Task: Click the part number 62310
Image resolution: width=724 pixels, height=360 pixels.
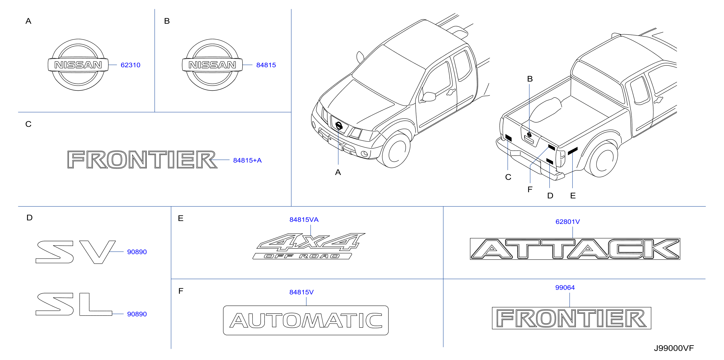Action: tap(130, 65)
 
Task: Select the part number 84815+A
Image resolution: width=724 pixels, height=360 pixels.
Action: tap(247, 160)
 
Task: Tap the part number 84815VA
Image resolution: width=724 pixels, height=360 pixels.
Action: tap(304, 220)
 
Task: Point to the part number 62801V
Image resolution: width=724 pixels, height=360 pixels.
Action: tap(567, 222)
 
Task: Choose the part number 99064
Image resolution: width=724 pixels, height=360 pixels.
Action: tap(565, 287)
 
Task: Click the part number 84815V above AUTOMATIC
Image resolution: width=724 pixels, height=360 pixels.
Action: tap(301, 292)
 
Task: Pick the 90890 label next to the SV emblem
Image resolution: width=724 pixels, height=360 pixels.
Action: tap(137, 252)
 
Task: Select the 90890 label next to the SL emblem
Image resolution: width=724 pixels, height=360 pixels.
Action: tap(137, 314)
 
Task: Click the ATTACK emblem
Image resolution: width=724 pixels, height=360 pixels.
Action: tap(575, 249)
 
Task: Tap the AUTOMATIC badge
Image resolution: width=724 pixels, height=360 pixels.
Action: tap(306, 320)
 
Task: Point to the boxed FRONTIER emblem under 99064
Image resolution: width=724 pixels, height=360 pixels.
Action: tap(571, 318)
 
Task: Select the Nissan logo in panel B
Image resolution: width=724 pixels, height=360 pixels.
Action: tap(212, 65)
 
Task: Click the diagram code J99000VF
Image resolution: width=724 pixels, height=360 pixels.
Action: tap(674, 348)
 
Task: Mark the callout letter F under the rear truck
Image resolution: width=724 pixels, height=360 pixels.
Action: tap(530, 189)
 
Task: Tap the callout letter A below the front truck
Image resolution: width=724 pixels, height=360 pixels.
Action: tap(338, 172)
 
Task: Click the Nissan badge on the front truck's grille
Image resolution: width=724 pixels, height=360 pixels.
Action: tap(339, 126)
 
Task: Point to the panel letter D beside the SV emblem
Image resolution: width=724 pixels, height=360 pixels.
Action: tap(30, 217)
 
